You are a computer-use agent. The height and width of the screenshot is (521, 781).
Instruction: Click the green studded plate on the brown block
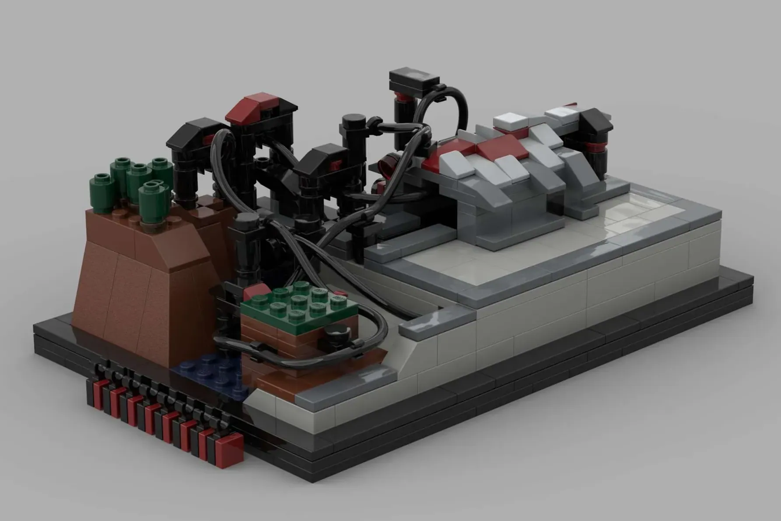pyautogui.click(x=283, y=304)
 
